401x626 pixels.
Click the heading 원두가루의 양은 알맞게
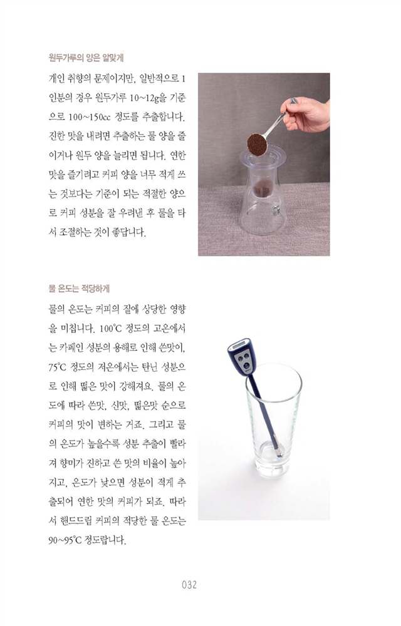(86, 58)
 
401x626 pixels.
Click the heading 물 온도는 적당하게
(79, 288)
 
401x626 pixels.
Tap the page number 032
(189, 585)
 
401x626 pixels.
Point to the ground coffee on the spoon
(257, 145)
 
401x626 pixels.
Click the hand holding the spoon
(306, 116)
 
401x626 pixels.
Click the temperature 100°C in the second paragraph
(111, 329)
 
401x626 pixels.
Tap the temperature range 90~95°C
(65, 540)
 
